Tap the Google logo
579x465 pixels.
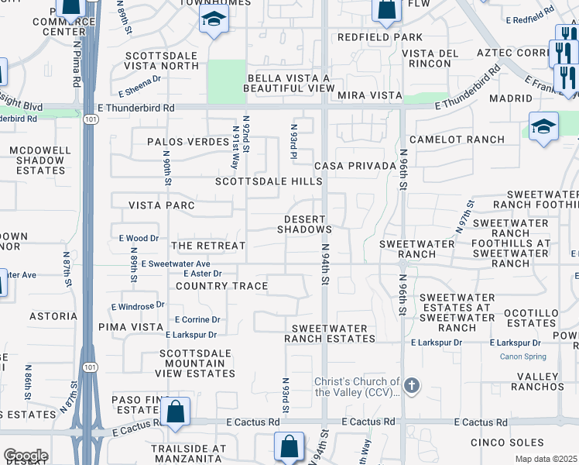(25, 456)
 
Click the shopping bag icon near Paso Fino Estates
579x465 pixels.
(176, 412)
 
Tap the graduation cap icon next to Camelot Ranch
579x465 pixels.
(543, 126)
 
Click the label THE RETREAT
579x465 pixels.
(207, 246)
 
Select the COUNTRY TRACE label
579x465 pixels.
(221, 286)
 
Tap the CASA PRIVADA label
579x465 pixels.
(349, 167)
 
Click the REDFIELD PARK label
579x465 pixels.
(380, 37)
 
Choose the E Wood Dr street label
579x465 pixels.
(139, 239)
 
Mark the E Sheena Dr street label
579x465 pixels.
(139, 78)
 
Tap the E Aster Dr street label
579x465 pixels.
(203, 274)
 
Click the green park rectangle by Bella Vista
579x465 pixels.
(227, 81)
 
